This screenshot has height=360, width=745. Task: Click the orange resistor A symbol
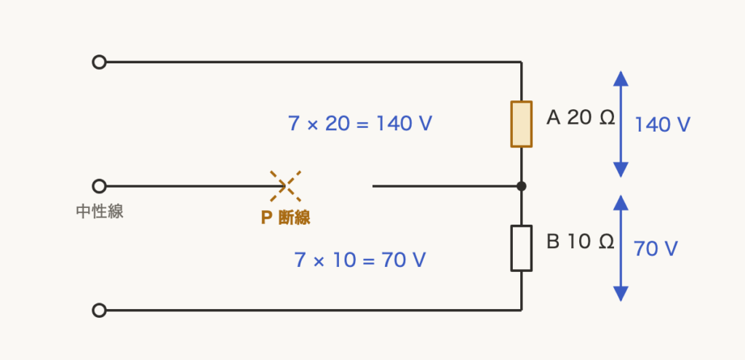point(521,124)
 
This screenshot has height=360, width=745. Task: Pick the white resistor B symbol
point(521,249)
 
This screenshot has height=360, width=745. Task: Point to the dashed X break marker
point(285,186)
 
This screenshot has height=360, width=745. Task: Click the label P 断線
point(285,217)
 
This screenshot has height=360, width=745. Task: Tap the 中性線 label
point(100,212)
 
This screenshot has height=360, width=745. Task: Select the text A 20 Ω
point(581,117)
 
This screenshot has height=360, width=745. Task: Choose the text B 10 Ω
point(580,241)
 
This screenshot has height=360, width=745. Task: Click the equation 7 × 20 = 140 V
point(360,124)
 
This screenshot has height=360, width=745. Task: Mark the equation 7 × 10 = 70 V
point(360,260)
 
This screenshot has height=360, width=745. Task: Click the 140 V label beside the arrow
point(662,125)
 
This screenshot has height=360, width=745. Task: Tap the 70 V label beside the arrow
point(656,249)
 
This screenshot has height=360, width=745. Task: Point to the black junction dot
point(521,186)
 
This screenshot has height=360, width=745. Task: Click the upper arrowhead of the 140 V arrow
point(621,79)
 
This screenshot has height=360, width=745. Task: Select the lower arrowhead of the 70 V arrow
point(621,294)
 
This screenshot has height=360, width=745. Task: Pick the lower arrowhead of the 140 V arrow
point(621,169)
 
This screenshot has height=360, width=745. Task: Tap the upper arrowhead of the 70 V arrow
point(621,203)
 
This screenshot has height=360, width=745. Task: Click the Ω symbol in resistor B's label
point(607,241)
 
